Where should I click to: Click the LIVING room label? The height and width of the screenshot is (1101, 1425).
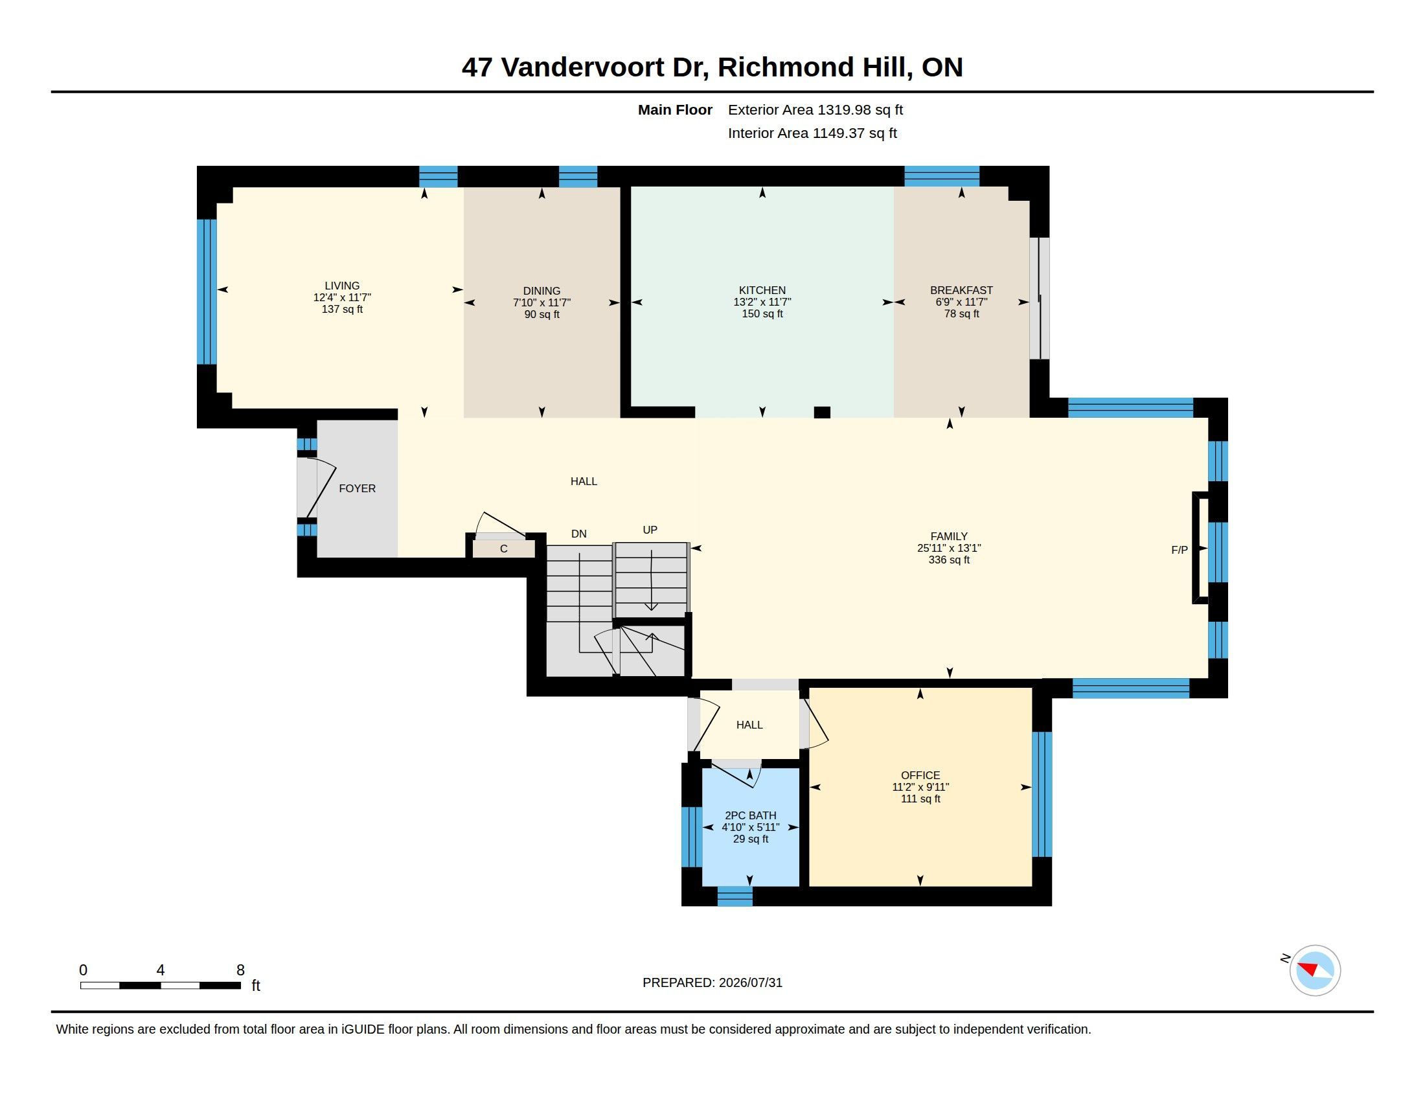coord(342,286)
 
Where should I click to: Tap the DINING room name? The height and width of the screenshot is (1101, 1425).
coord(541,291)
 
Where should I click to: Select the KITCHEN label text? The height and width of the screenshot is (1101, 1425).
coord(762,290)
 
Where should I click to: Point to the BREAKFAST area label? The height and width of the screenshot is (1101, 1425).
coord(961,290)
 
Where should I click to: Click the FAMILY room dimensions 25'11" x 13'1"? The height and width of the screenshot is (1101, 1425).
coord(949,548)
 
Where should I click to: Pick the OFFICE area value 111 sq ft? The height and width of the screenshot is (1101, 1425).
coord(920,799)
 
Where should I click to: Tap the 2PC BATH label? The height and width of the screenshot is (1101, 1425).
coord(750,815)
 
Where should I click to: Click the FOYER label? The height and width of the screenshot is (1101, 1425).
coord(357,488)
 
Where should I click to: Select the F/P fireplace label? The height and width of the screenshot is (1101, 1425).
coord(1179,550)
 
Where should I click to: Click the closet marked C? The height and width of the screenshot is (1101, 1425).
coord(504,549)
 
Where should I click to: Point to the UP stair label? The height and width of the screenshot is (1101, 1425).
coord(650,530)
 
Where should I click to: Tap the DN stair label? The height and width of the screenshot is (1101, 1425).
coord(578,534)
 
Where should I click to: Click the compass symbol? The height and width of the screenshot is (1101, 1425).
coord(1315,970)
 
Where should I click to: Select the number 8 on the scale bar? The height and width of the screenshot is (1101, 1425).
coord(240,970)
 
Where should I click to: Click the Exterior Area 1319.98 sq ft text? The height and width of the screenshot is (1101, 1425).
coord(815,109)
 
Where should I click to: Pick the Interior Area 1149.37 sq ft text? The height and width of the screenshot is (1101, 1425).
coord(812,133)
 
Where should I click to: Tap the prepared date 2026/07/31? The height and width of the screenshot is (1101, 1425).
coord(750,982)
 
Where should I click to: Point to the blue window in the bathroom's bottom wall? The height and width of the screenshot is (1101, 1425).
coord(735,896)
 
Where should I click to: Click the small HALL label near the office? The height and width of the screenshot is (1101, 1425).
coord(749,725)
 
